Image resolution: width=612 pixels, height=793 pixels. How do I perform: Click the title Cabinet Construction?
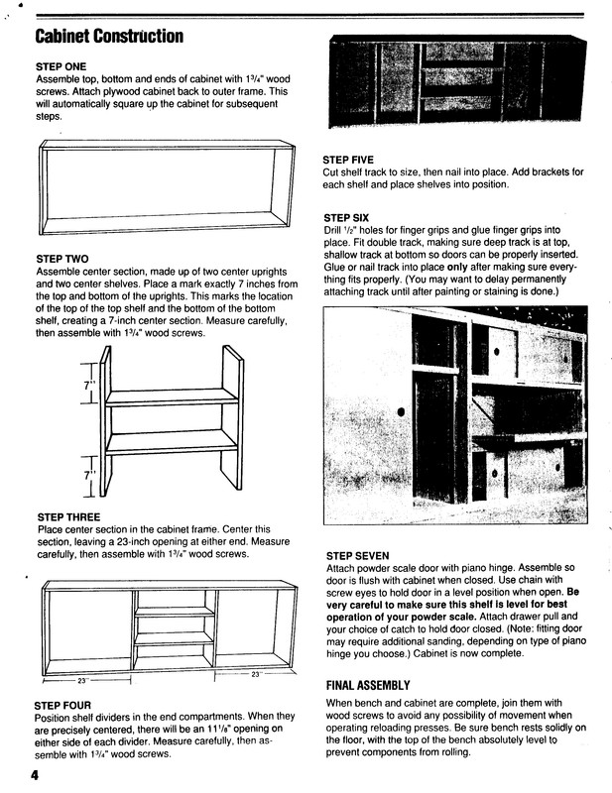[109, 38]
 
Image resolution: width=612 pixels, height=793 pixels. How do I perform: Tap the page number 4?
[34, 776]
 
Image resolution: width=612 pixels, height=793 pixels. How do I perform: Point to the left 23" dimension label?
[82, 681]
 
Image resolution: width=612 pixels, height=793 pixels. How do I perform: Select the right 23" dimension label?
[255, 675]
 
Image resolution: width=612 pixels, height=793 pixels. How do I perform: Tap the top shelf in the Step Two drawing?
[171, 397]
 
